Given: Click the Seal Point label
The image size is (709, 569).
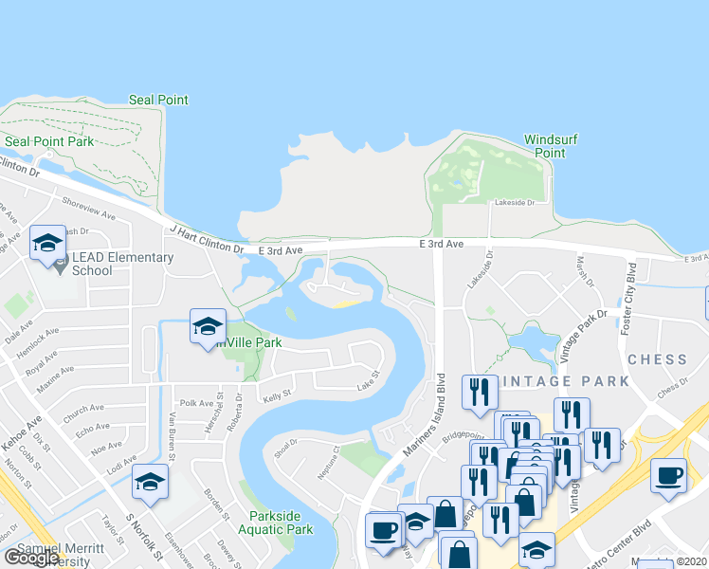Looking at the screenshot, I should coord(158,100).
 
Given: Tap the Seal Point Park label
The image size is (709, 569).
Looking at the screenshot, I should coord(49,141).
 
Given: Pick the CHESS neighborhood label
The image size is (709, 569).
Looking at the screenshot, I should coord(657,359).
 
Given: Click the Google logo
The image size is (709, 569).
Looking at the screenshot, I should coord(31,558).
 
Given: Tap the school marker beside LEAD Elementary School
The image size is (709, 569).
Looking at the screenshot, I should coord(47,245).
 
